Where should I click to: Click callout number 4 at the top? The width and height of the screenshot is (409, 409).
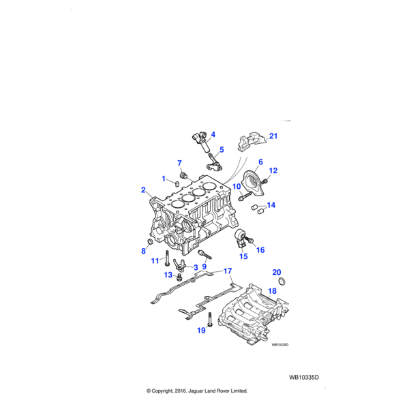pyautogui.click(x=213, y=134)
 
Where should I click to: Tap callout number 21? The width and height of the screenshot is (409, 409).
pyautogui.click(x=273, y=137)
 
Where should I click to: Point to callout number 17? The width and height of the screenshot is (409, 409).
pyautogui.click(x=228, y=271)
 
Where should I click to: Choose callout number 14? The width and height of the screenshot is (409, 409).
pyautogui.click(x=271, y=205)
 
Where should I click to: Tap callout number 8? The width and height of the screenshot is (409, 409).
pyautogui.click(x=143, y=251)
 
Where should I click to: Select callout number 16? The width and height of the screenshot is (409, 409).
pyautogui.click(x=260, y=250)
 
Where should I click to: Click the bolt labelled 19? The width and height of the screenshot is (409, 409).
pyautogui.click(x=211, y=320)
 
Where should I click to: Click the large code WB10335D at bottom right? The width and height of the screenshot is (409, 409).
pyautogui.click(x=304, y=376)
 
